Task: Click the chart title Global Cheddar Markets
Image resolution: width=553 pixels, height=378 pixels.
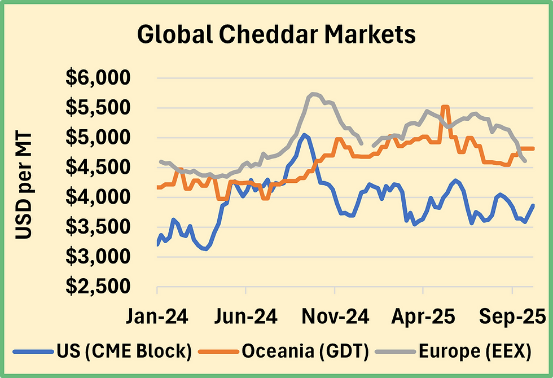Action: [x=276, y=35]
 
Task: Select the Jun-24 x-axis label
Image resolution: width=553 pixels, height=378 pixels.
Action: [x=246, y=317]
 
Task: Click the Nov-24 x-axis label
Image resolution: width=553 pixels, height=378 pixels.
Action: [x=335, y=317]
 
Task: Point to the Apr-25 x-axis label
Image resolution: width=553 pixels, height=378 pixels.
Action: [x=423, y=317]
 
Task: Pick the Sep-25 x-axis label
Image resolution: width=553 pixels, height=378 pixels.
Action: [x=512, y=317]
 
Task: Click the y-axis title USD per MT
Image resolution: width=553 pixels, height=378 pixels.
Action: [x=24, y=186]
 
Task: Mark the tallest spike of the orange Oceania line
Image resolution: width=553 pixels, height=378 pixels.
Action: [x=445, y=106]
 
